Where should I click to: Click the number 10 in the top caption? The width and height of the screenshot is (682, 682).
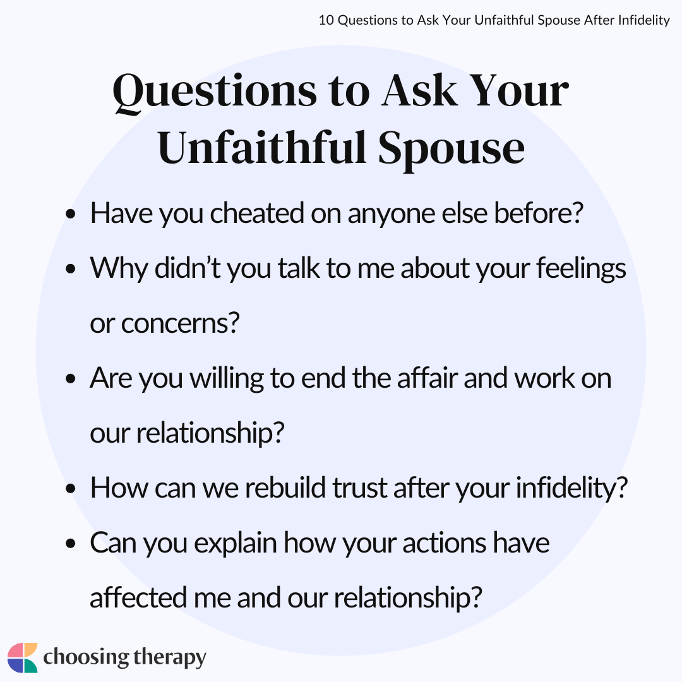pos(326,20)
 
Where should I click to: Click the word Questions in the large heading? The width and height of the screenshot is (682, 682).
pos(215,92)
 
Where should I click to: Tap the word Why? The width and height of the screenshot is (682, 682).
pos(119,269)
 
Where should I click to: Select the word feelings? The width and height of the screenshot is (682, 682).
pos(581,269)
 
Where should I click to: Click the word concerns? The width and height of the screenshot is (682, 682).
pos(180,323)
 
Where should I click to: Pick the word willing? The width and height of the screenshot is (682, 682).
pos(227,378)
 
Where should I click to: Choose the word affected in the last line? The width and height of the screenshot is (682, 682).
pos(138,597)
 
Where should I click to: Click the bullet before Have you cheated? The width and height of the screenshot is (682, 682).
pos(71,214)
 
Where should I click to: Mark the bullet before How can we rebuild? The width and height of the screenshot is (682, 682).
pos(71,488)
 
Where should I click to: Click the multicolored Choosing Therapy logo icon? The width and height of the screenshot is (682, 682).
pos(23,657)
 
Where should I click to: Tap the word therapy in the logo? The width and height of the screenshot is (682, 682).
pos(170,657)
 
